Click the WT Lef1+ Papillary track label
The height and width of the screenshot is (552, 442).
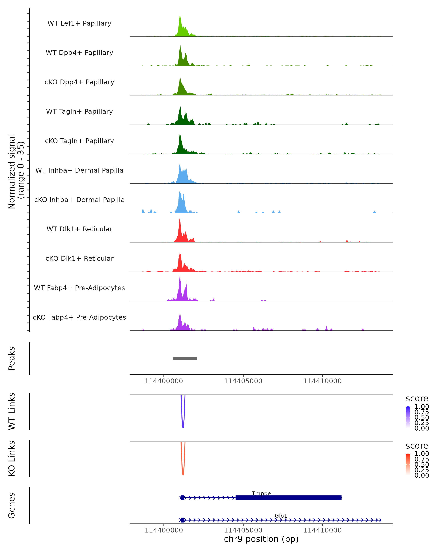79,23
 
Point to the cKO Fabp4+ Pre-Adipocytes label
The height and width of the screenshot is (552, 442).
79,317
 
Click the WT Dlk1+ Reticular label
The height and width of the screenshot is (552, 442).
79,229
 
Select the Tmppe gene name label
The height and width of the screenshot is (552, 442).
261,493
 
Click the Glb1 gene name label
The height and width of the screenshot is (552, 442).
281,516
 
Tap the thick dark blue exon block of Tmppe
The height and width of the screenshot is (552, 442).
288,498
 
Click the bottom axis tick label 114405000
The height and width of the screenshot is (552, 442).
243,530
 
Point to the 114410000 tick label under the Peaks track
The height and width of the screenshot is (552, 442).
322,381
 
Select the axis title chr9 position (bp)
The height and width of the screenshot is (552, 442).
261,539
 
